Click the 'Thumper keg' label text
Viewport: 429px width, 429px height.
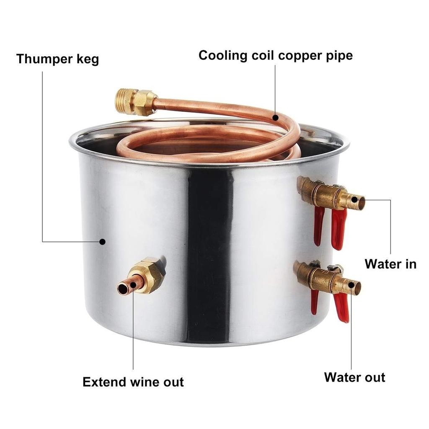(x=57, y=59)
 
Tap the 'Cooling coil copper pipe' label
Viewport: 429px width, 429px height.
(x=276, y=56)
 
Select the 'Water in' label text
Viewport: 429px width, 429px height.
(x=390, y=264)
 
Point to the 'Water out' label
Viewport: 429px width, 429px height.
(x=354, y=377)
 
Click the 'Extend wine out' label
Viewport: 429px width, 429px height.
(x=133, y=382)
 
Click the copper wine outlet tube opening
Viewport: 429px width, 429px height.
(x=123, y=289)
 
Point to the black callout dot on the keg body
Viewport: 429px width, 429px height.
(x=102, y=242)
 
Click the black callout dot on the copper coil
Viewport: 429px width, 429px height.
(x=276, y=118)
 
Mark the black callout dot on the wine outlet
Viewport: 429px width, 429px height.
(x=133, y=285)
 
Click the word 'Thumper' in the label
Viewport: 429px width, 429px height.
(x=44, y=59)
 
